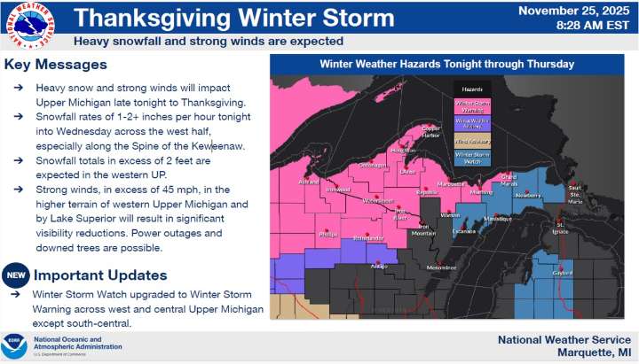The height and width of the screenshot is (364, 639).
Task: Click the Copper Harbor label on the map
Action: tap(430, 131)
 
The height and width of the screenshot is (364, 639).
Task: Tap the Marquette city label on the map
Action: tap(452, 184)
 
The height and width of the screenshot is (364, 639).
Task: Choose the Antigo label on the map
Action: tap(379, 266)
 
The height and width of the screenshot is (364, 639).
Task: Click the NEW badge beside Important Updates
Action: tap(14, 275)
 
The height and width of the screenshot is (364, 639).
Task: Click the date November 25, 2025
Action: tap(579, 12)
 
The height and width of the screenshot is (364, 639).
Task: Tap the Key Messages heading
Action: tap(55, 65)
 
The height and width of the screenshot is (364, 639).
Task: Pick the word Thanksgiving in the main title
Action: tap(143, 17)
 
